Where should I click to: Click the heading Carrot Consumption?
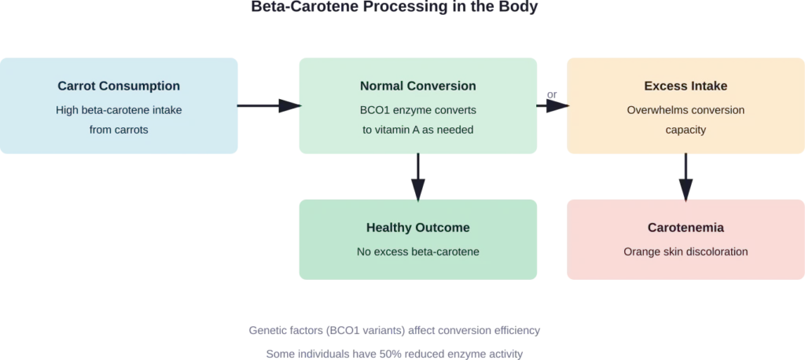119,86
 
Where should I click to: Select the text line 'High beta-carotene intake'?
119,110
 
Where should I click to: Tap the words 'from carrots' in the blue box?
119,130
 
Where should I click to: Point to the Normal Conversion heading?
417,86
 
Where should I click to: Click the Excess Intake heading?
686,86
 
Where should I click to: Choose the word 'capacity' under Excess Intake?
686,130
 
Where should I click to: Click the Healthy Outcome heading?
417,228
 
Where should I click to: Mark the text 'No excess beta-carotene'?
417,252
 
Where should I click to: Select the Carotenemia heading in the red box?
686,228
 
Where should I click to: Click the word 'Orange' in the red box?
641,252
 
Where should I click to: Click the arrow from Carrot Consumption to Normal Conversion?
268,106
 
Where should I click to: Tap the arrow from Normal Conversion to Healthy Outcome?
417,176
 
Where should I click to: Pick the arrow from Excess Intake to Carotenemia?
686,176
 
